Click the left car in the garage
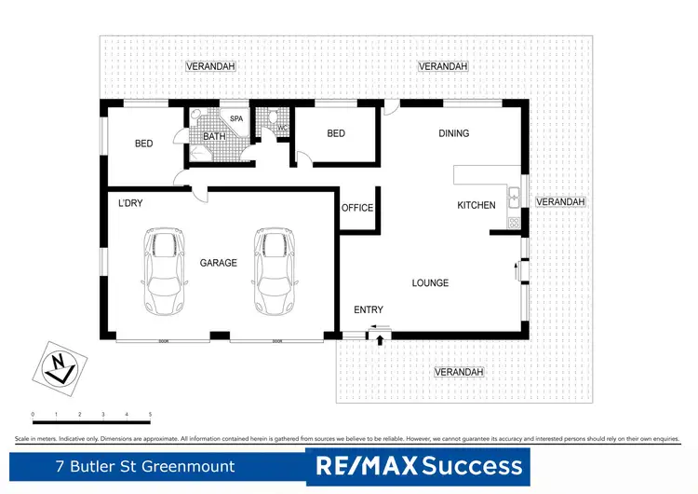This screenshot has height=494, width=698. (164, 274)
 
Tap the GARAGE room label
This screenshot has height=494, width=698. (219, 263)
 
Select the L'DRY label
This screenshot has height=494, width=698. (129, 203)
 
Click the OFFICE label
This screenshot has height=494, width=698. (357, 208)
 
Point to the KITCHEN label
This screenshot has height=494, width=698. (476, 205)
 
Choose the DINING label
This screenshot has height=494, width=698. (454, 133)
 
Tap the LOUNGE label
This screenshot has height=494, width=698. (430, 282)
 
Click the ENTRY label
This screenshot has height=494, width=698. (369, 309)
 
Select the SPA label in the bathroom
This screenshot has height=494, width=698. (236, 119)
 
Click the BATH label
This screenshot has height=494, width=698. (215, 137)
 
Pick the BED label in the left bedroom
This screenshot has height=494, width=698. (143, 144)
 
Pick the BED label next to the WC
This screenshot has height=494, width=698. (336, 133)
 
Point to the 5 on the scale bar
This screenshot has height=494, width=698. (150, 413)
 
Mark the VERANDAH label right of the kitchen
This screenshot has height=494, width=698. (561, 201)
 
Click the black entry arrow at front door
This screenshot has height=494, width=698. (381, 340)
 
